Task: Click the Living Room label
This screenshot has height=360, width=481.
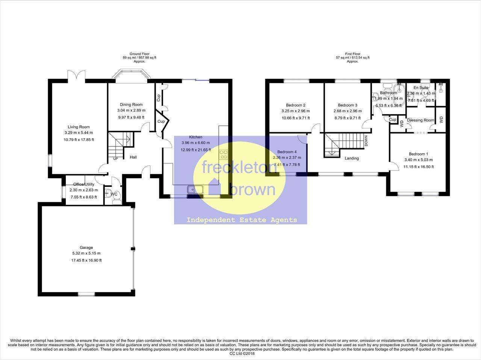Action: click(79, 127)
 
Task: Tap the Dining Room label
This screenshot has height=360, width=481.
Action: click(131, 104)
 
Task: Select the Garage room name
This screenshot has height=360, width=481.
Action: click(86, 247)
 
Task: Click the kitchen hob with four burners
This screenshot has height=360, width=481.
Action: click(224, 154)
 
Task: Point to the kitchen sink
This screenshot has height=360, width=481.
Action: click(195, 190)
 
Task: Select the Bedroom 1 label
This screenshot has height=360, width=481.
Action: click(418, 154)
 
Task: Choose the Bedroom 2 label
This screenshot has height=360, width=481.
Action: click(295, 105)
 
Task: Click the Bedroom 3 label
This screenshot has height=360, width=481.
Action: click(347, 105)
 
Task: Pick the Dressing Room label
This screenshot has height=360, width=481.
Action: click(420, 120)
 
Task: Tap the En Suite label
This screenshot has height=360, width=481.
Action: click(420, 87)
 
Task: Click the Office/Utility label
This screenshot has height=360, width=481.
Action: click(84, 184)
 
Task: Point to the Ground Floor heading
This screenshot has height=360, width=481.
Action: click(139, 54)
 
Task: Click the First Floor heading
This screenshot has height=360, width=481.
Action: click(352, 54)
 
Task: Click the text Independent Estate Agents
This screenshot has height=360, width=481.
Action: click(242, 220)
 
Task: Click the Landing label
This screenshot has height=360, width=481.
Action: click(352, 158)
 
